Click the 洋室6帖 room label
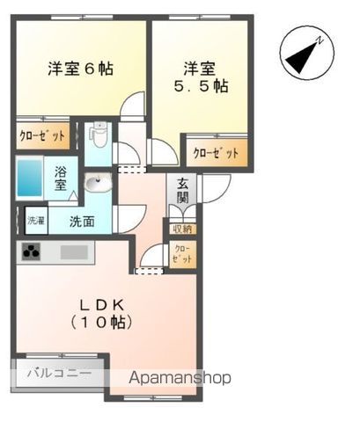point(80,68)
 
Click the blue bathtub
point(33,177)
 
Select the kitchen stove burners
point(33,253)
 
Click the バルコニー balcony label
point(58,373)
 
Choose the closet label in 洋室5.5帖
point(216,152)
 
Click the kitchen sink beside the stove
point(74,252)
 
